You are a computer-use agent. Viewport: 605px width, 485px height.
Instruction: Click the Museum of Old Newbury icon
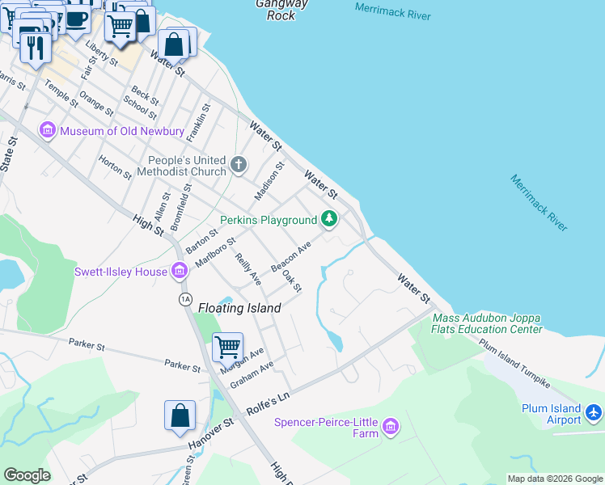tap(47, 130)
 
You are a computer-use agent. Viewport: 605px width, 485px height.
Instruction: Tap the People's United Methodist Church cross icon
tap(238, 165)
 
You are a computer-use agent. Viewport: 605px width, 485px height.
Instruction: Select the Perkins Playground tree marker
tap(329, 218)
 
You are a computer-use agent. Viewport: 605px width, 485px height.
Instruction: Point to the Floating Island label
tap(240, 308)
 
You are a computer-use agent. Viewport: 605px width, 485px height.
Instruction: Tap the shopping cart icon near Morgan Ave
tap(227, 347)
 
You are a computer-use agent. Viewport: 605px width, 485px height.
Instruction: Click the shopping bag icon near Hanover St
tap(180, 415)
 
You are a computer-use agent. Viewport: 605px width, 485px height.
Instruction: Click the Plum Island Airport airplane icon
tap(594, 414)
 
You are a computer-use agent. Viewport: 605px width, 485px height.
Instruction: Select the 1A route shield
tap(184, 299)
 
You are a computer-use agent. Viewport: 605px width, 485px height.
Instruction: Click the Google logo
tap(27, 475)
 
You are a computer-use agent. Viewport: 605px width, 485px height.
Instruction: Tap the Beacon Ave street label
tap(291, 256)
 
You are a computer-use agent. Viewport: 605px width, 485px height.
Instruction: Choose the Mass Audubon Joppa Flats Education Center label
tap(488, 323)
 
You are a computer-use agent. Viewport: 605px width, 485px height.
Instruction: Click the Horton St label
tap(115, 167)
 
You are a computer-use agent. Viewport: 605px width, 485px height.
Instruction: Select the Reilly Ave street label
tap(247, 269)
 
